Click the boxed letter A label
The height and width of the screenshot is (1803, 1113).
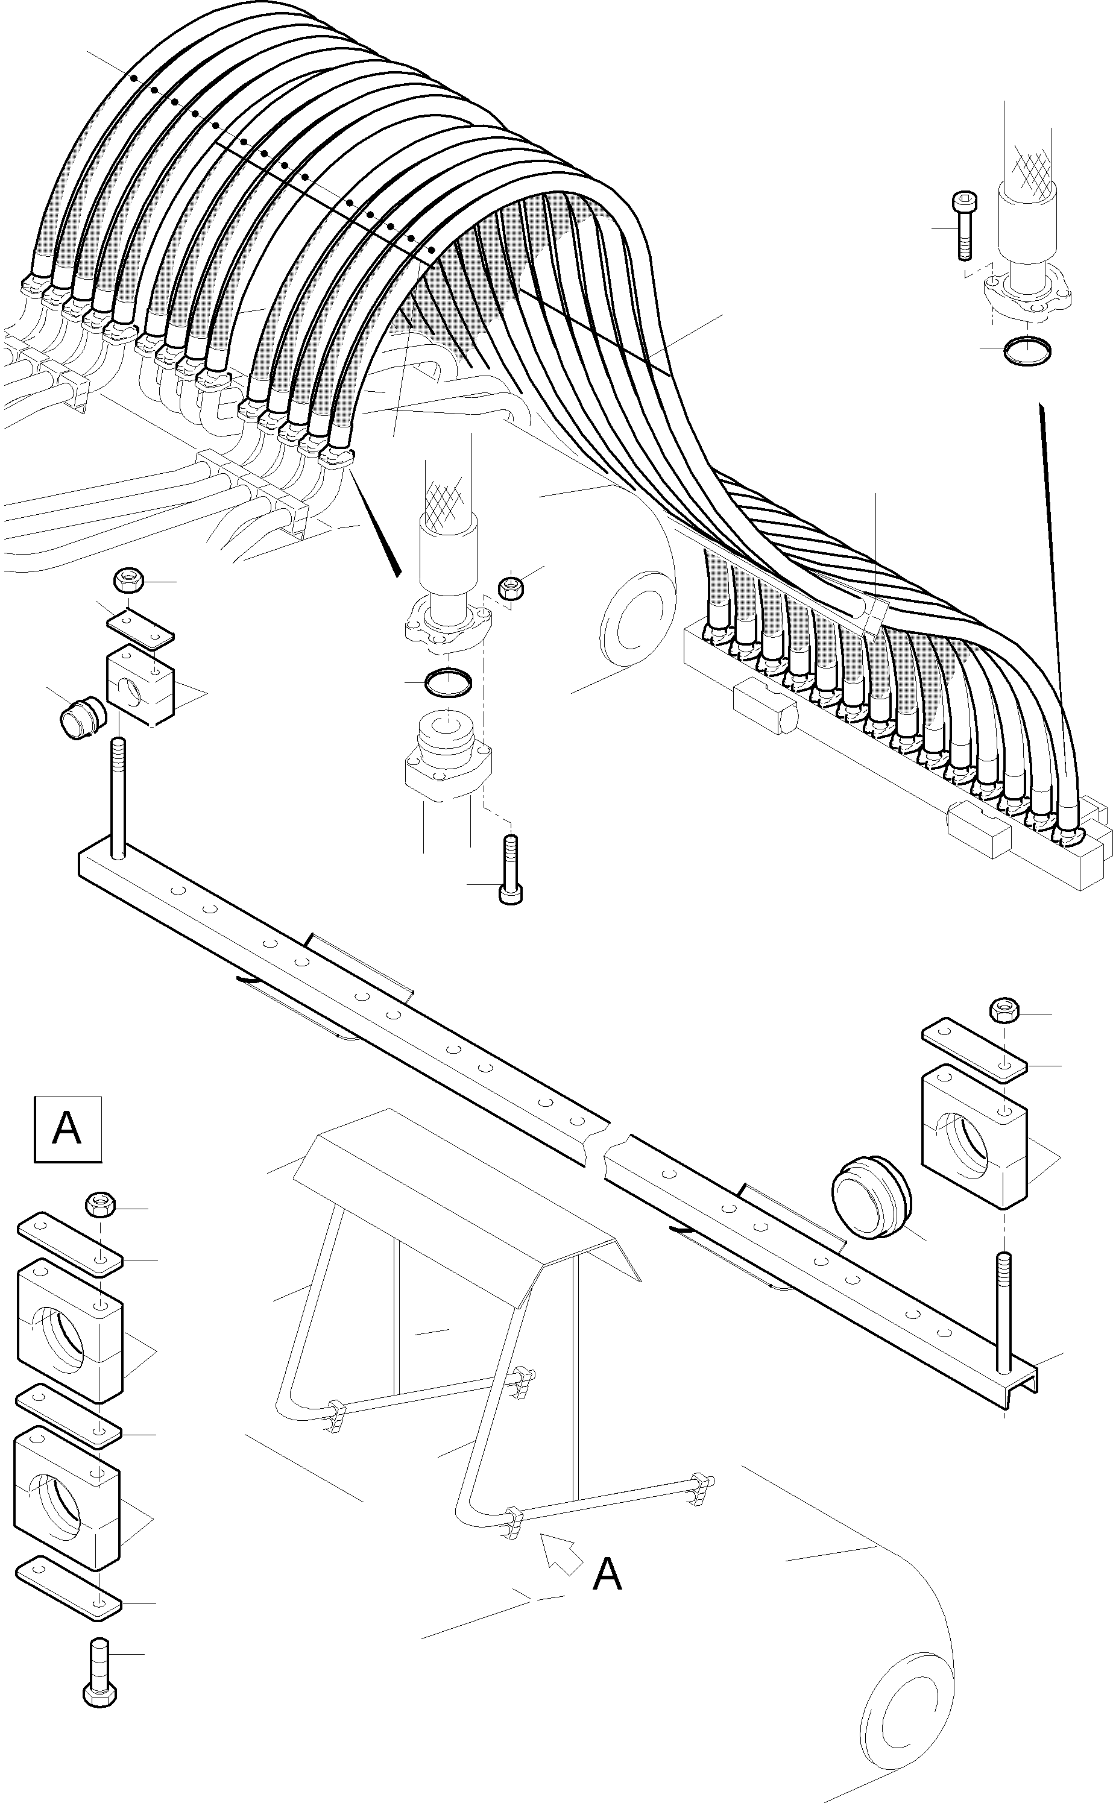coord(68,1130)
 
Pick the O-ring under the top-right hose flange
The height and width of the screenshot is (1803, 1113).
coord(1027,350)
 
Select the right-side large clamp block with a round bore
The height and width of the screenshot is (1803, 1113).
coord(974,1137)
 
